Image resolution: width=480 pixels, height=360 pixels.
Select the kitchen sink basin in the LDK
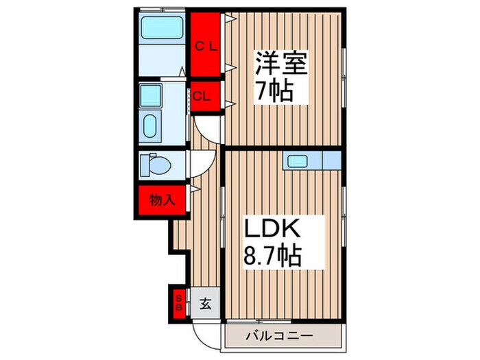(298, 162)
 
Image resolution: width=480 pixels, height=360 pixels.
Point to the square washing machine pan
(150, 96)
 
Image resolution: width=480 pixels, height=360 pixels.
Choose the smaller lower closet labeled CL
(204, 96)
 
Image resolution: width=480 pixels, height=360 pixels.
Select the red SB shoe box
(178, 302)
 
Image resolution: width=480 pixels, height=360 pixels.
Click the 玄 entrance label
(205, 302)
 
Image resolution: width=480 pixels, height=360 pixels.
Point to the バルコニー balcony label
(280, 336)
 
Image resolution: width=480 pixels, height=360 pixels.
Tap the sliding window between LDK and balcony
(281, 320)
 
